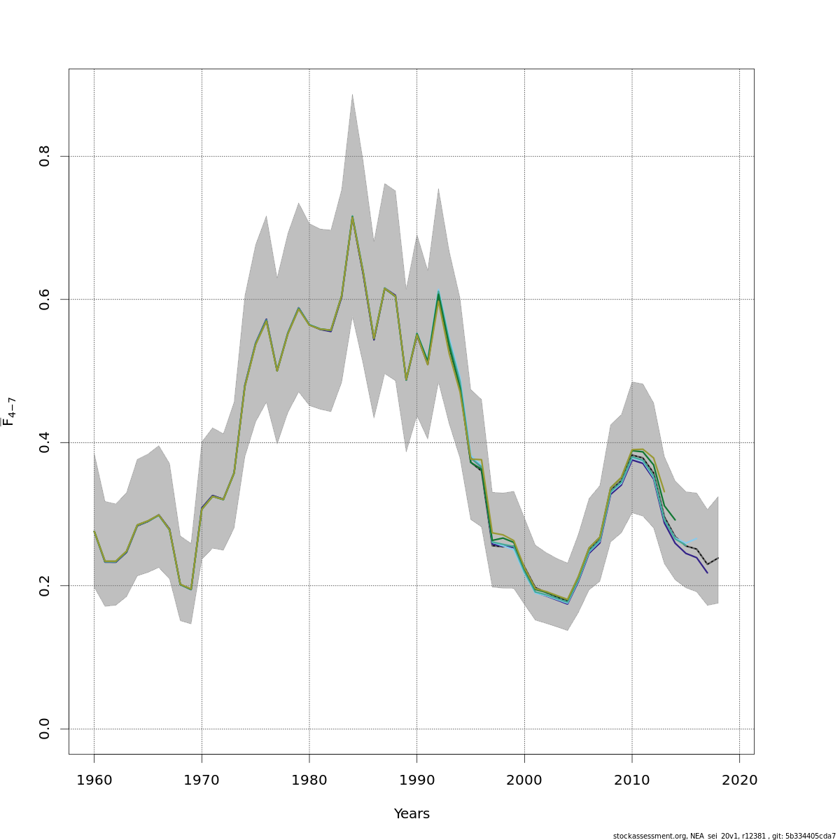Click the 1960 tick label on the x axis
pos(94,780)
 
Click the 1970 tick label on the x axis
pos(202,780)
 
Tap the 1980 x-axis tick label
pos(309,780)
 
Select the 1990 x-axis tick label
pos(417,780)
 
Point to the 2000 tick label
pos(525,780)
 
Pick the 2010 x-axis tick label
pos(632,780)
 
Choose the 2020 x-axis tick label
pos(740,780)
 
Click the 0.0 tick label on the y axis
pos(45,729)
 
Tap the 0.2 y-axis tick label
pos(45,585)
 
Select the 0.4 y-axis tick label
pos(45,442)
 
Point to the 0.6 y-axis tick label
pos(45,299)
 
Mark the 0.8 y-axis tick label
pos(45,156)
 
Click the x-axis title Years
pos(412,814)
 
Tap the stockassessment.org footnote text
pos(724,836)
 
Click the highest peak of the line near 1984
pos(352,216)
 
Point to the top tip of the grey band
pos(352,94)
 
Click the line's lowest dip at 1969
pos(191,589)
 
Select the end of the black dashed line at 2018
pos(718,558)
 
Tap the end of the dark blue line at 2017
pos(708,573)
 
